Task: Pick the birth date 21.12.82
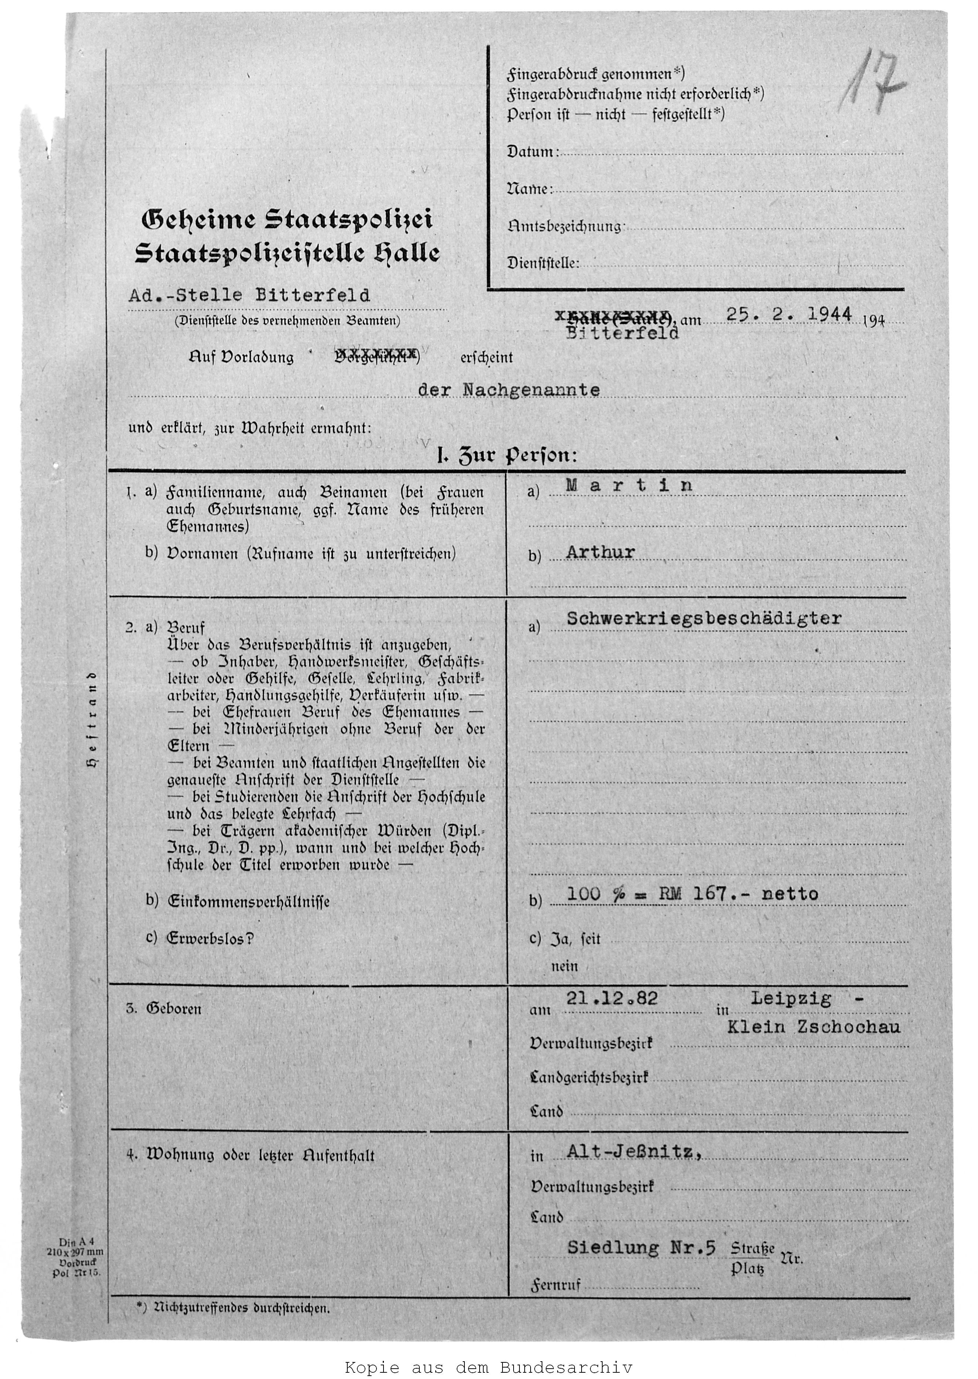coord(612,999)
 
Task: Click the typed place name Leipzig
coord(791,999)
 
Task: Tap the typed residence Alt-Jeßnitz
coord(634,1152)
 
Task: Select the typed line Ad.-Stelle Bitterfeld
coord(249,296)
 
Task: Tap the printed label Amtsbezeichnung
coord(564,227)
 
